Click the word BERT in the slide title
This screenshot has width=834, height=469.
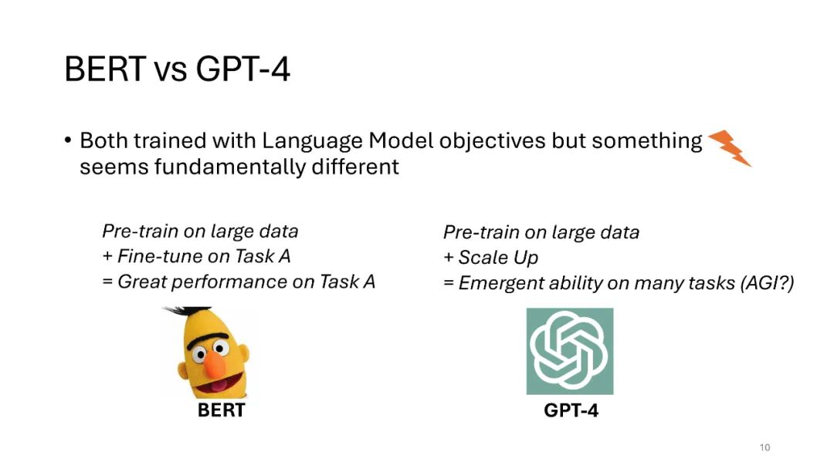pyautogui.click(x=105, y=69)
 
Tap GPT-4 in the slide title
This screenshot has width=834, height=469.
pyautogui.click(x=242, y=69)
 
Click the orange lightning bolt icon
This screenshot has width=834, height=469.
pyautogui.click(x=730, y=148)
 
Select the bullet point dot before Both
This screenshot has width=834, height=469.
pyautogui.click(x=67, y=140)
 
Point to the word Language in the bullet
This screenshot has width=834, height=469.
pyautogui.click(x=312, y=142)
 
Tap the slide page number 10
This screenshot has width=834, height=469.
pyautogui.click(x=764, y=447)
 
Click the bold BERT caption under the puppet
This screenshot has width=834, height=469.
pyautogui.click(x=222, y=410)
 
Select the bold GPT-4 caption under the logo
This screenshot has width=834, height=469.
pyautogui.click(x=571, y=410)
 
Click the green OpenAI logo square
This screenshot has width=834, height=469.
pyautogui.click(x=570, y=351)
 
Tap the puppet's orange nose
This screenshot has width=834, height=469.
pyautogui.click(x=215, y=361)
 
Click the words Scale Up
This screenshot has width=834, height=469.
pyautogui.click(x=498, y=258)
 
